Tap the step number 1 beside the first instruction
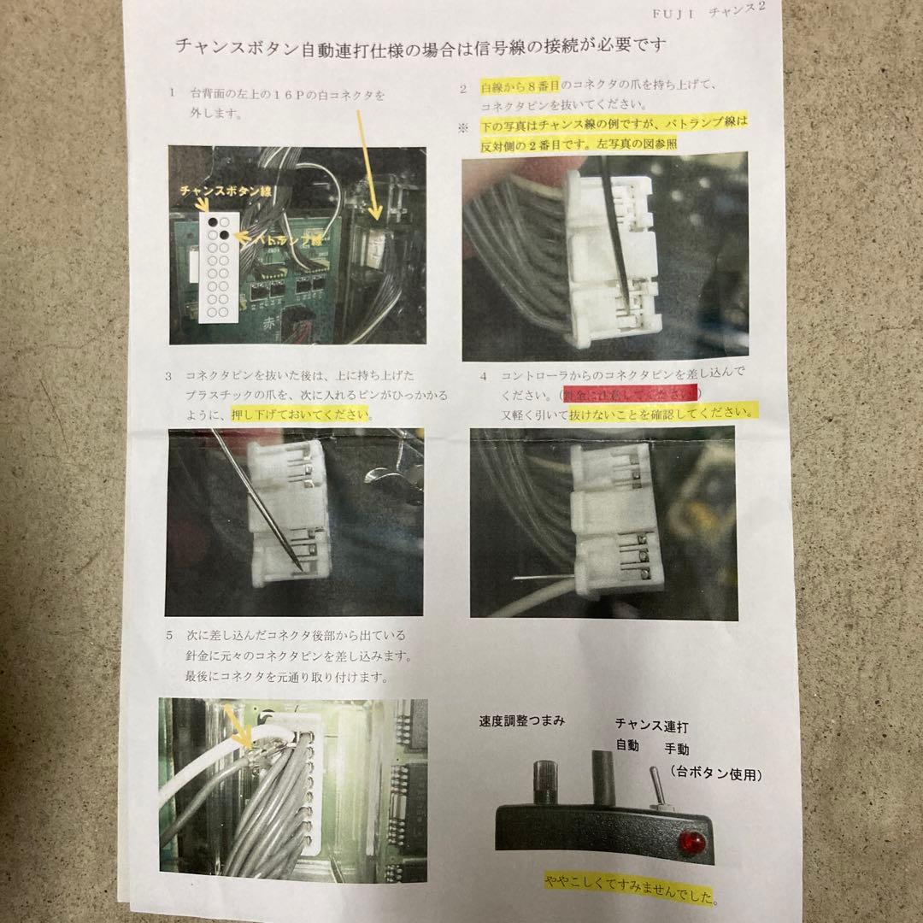173,92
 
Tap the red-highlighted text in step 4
629,394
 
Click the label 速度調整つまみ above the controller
521,720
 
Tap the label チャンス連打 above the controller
651,726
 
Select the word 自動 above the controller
627,746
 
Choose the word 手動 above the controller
680,749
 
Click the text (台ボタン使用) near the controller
715,774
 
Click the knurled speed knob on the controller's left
545,780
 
